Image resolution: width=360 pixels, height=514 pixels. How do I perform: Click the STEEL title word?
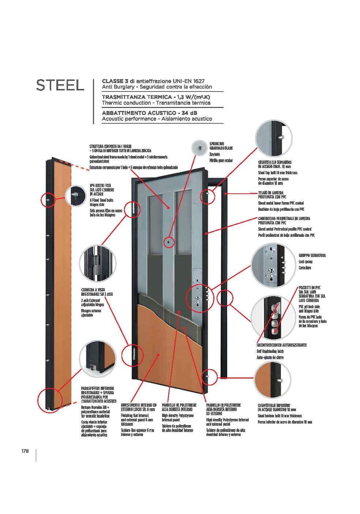(x=60, y=85)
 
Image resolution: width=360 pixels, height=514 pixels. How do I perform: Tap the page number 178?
(x=25, y=451)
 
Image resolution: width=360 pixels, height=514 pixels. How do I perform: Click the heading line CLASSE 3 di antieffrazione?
(x=153, y=81)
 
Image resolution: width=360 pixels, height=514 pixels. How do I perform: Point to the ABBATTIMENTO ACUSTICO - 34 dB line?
(x=149, y=113)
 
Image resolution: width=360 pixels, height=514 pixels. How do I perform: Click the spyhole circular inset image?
(x=199, y=148)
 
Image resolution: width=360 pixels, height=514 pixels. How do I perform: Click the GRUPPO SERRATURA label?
(x=312, y=255)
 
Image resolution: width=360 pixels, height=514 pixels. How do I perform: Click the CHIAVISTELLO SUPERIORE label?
(x=275, y=164)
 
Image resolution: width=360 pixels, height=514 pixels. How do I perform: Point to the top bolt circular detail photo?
(x=273, y=138)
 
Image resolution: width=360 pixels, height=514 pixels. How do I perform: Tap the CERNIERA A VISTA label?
(x=93, y=292)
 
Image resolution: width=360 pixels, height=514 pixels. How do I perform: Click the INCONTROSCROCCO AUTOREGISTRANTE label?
(x=281, y=345)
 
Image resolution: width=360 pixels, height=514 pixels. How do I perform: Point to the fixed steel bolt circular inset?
(x=76, y=194)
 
